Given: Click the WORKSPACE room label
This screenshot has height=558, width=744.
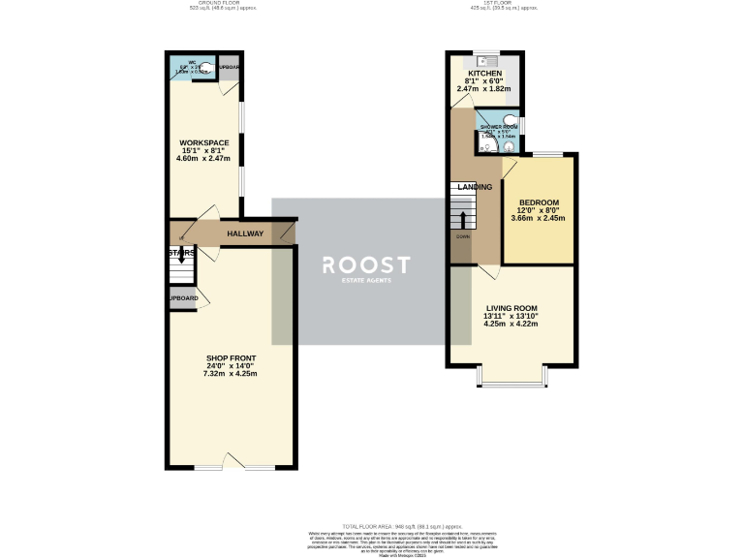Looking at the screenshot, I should (x=202, y=143).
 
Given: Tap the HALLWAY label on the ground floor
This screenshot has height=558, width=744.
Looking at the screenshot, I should (x=245, y=233).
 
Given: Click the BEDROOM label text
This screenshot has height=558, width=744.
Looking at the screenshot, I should (x=539, y=202).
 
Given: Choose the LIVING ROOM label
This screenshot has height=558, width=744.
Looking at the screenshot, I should (x=511, y=308).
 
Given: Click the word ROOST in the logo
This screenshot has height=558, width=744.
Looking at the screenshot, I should (x=366, y=265).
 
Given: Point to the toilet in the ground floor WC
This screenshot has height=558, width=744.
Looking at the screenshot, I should (x=205, y=69).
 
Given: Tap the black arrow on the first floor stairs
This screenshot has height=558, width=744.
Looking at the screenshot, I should (x=463, y=220).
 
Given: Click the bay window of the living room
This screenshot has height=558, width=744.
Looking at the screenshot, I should (x=511, y=383).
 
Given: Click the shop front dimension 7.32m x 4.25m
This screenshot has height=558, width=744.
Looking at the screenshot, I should (x=230, y=373).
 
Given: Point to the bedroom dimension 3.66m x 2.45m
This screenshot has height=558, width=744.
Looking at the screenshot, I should (x=539, y=219).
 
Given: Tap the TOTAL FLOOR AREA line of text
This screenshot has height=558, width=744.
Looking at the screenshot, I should (x=370, y=523).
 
